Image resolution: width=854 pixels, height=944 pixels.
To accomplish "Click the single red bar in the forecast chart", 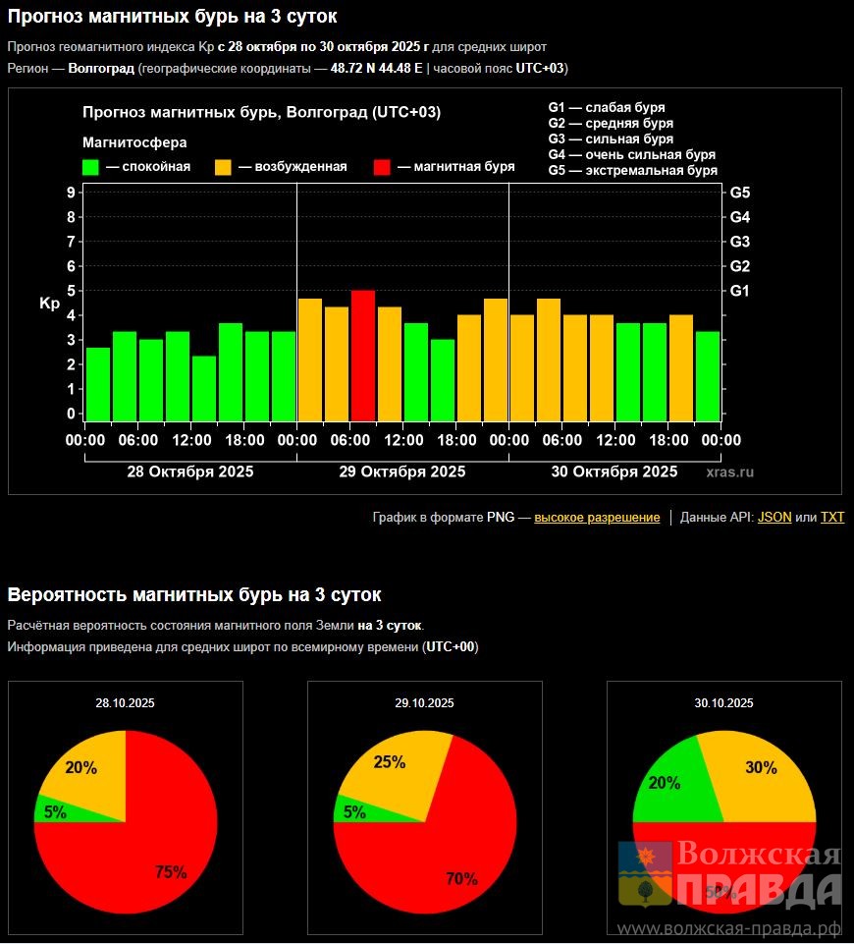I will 363,355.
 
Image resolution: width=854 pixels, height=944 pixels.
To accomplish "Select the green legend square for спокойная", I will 91,167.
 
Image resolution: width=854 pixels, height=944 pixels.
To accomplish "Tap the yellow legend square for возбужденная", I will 224,167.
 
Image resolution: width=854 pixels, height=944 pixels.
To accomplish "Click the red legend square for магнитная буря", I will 383,167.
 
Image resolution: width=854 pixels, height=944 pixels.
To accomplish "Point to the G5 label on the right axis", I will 740,193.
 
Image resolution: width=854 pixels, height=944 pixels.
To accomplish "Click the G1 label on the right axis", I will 740,291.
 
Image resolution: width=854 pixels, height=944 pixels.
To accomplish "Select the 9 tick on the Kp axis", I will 71,193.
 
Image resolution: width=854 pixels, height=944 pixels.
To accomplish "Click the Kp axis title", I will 50,305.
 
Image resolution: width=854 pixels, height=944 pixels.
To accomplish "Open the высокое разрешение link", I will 597,518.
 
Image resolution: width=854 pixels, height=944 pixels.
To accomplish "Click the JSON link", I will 774,518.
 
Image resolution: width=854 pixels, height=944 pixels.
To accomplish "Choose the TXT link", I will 832,518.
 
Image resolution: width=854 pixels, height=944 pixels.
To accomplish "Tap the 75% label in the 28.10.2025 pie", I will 171,872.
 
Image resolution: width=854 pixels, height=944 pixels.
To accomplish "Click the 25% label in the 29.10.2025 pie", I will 390,762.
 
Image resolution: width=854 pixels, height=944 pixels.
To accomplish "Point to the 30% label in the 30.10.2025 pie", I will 761,768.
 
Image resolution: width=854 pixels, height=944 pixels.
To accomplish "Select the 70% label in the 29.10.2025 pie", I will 461,879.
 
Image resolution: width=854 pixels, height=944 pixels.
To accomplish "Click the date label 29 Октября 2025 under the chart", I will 402,472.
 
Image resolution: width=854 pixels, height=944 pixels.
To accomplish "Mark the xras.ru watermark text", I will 730,472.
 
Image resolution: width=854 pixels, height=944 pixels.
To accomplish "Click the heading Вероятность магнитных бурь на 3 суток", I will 194,595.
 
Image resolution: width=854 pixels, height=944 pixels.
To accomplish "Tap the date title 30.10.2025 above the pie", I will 723,703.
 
